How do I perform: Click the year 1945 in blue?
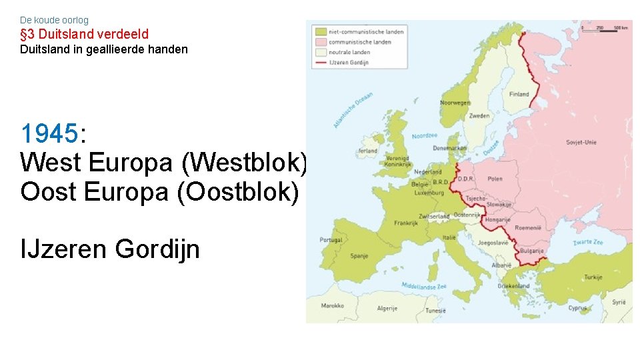(x=49, y=134)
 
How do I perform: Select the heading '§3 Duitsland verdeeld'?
(x=84, y=34)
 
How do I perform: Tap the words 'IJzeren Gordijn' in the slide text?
(x=110, y=249)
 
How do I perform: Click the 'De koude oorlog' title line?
(x=54, y=20)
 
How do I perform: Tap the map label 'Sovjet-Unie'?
(x=581, y=142)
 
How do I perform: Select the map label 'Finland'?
(x=519, y=95)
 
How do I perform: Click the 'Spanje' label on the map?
(x=359, y=255)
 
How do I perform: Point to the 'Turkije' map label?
(x=593, y=277)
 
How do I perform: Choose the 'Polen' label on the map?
(x=495, y=179)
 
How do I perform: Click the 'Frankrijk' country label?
(x=405, y=223)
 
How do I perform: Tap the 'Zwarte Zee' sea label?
(x=589, y=242)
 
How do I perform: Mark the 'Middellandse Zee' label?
(x=423, y=286)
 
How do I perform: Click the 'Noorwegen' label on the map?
(x=455, y=103)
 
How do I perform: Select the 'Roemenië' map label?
(x=528, y=228)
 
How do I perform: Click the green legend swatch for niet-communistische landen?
(x=321, y=31)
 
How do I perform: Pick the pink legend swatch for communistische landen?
(x=321, y=41)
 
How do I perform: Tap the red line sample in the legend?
(x=321, y=62)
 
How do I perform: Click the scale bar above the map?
(x=603, y=28)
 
